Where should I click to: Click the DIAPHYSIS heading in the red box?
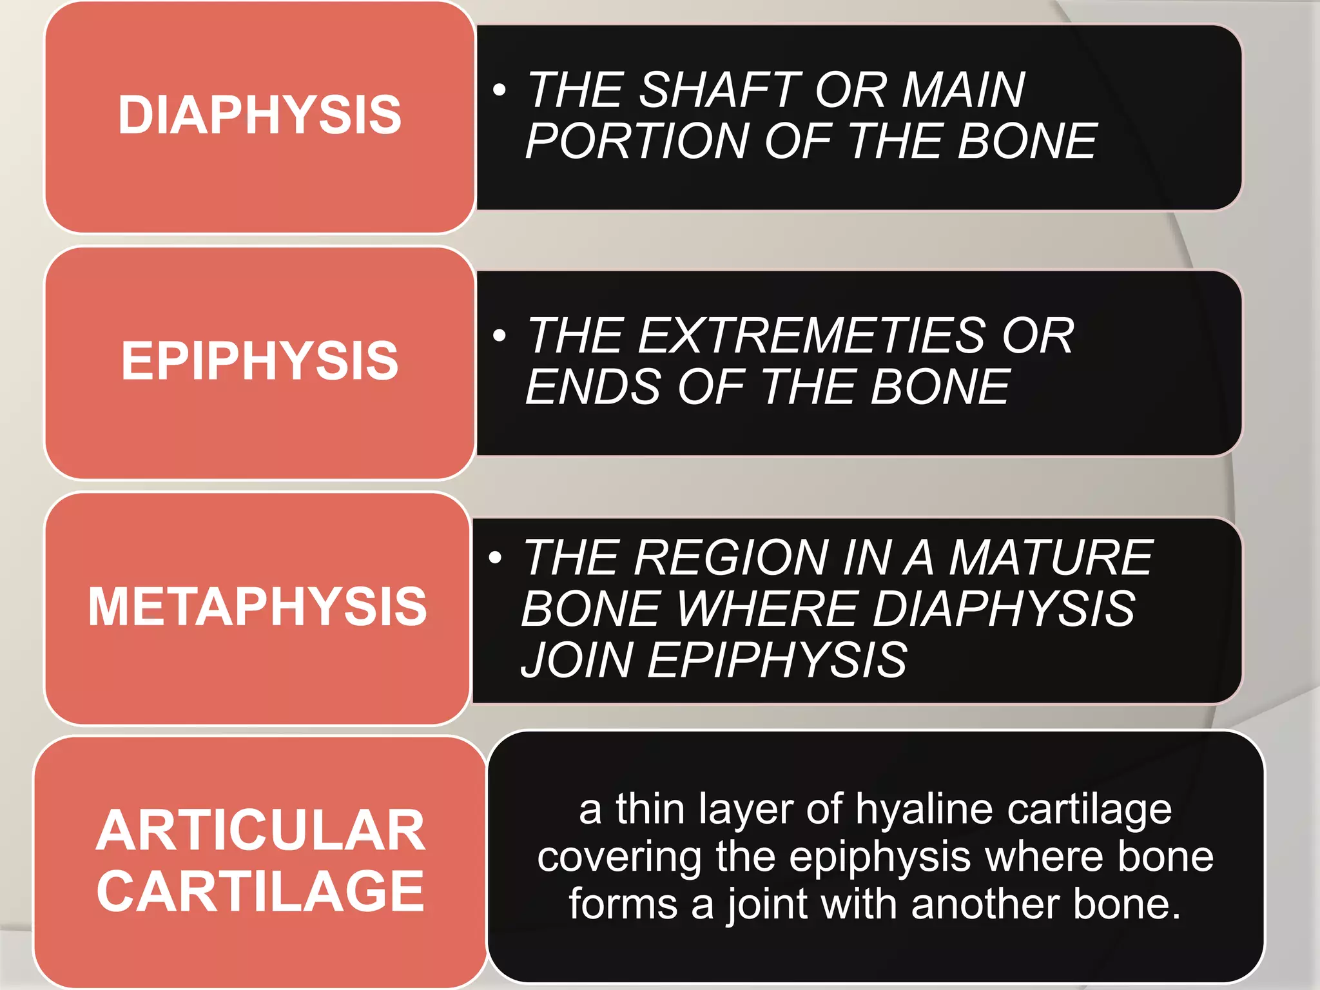(260, 115)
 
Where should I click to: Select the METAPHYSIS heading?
(258, 606)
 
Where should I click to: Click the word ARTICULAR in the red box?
(260, 831)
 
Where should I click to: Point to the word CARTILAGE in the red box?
(260, 891)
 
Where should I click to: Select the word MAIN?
(963, 90)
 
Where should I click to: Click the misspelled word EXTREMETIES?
(812, 336)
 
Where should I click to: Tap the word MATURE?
(1051, 558)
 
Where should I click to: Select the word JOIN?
(577, 661)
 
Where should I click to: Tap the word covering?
(619, 857)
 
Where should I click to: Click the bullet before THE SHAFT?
(499, 90)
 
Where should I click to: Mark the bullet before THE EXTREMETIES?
(499, 335)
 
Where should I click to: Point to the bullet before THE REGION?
(495, 557)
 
